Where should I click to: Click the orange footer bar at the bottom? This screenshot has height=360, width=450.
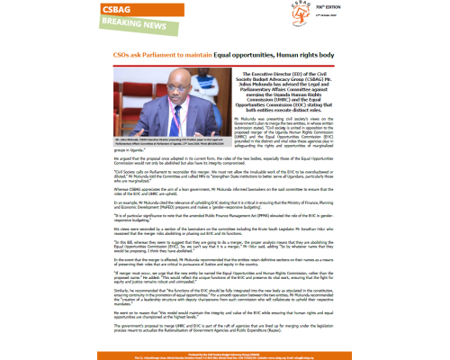click(225, 354)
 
